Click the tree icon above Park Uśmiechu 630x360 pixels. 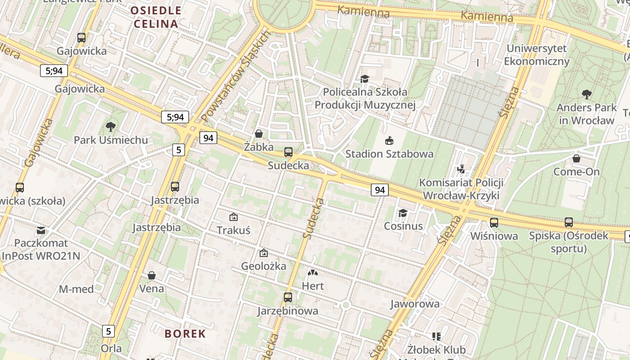[110, 126]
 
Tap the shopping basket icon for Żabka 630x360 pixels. [259, 133]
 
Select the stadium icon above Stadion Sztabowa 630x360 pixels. [389, 140]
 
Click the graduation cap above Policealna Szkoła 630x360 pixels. [364, 79]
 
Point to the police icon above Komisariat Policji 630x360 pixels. [461, 169]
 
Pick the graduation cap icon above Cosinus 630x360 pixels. [403, 212]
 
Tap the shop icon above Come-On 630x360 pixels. [576, 158]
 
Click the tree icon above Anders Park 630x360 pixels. [586, 94]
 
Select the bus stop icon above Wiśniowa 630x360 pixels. [494, 222]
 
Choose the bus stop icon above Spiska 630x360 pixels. [569, 222]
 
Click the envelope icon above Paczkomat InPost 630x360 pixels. [41, 230]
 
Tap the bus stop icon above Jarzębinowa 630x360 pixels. [288, 297]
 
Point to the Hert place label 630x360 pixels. [313, 286]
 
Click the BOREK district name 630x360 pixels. [185, 333]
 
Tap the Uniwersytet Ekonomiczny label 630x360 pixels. [537, 54]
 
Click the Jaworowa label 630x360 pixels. [414, 304]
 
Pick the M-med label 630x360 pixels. [76, 289]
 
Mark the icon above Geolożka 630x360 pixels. [264, 253]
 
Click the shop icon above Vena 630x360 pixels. [152, 275]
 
